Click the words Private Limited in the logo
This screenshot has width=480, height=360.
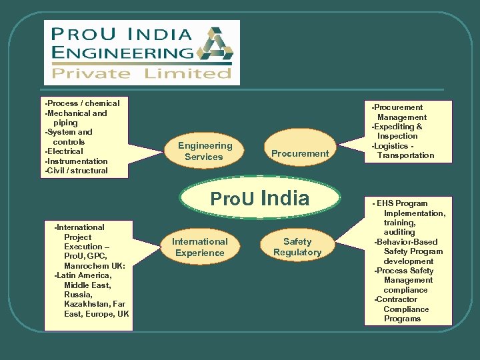point(142,73)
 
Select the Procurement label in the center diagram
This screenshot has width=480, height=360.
point(300,153)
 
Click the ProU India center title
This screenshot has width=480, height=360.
point(260,198)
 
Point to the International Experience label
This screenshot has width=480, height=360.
point(199,247)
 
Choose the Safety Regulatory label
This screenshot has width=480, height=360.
point(297,247)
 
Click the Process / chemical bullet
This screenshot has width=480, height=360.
point(83,103)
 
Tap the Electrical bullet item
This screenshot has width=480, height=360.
point(65,151)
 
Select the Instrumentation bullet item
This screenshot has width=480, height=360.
point(76,161)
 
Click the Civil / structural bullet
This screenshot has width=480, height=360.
point(76,171)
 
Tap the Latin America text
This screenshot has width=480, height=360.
point(83,275)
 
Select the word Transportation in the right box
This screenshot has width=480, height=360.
point(405,155)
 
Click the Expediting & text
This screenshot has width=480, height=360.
point(397,127)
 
